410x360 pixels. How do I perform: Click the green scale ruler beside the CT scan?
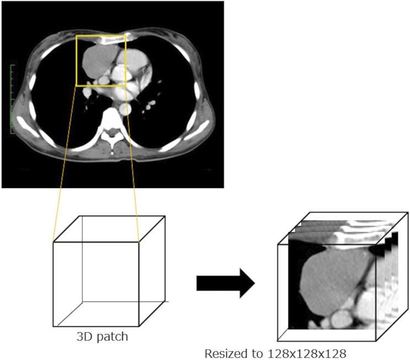tap(12, 99)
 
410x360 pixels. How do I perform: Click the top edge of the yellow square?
tap(101, 36)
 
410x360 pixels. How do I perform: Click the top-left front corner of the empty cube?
tap(54, 242)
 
